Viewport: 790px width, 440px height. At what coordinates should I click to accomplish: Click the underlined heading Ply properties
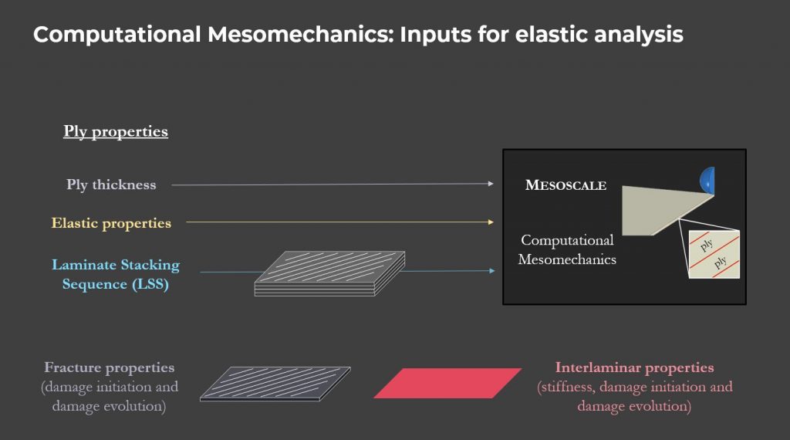(116, 131)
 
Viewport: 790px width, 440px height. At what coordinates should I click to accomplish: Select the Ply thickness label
(111, 185)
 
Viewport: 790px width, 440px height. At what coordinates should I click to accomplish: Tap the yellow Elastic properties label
(111, 223)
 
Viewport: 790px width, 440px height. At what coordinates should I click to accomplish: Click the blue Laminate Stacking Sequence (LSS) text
(116, 274)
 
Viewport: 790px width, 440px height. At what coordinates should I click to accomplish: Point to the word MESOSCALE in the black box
(565, 185)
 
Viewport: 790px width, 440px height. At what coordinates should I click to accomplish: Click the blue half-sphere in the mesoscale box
(708, 181)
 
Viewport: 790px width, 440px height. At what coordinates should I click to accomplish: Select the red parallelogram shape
(447, 383)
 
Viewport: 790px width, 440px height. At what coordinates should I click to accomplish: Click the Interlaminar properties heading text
(634, 367)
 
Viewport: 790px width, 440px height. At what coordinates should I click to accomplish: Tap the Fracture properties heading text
(110, 367)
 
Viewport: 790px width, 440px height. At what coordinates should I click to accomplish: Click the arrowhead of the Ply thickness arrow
(491, 184)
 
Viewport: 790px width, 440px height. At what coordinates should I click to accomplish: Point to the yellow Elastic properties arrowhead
(491, 222)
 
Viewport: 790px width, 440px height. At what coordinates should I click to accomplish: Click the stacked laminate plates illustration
(330, 273)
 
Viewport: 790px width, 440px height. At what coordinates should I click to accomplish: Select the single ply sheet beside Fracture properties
(275, 384)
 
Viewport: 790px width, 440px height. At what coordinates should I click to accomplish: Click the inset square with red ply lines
(714, 254)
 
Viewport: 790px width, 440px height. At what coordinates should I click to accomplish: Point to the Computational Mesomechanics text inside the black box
(567, 249)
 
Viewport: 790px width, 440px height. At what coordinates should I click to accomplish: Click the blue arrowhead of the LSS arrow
(492, 271)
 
